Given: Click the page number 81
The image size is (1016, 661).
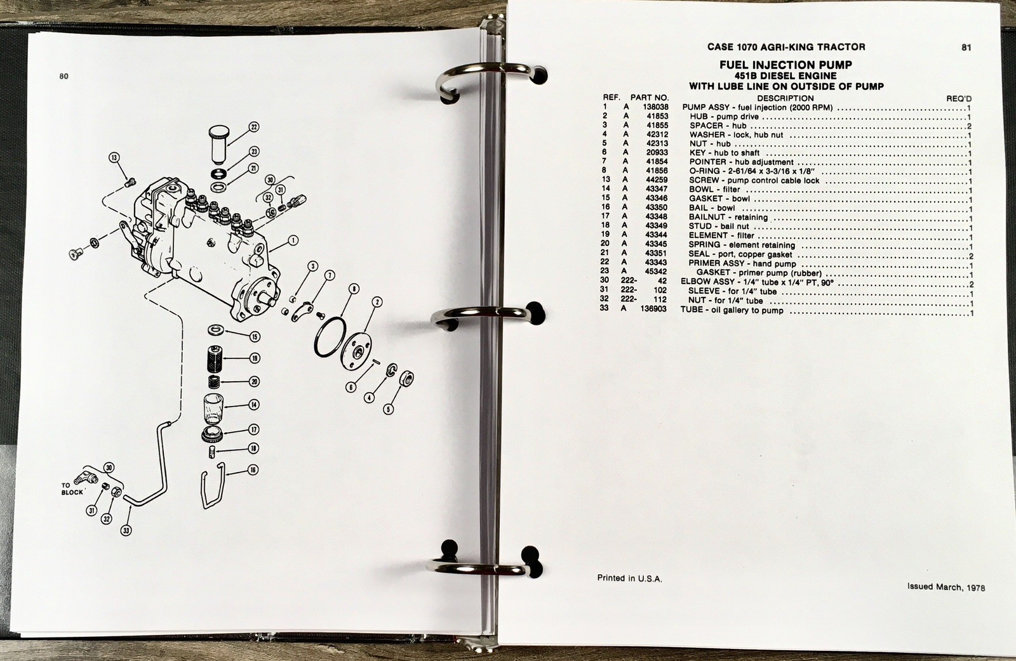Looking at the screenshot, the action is pyautogui.click(x=966, y=47).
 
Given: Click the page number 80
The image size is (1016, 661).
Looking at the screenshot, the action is pyautogui.click(x=64, y=76).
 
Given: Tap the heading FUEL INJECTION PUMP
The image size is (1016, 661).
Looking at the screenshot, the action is pyautogui.click(x=785, y=65).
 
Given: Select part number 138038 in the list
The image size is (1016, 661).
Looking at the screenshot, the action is pyautogui.click(x=655, y=107).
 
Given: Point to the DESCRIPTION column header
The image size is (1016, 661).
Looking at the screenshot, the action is pyautogui.click(x=785, y=98).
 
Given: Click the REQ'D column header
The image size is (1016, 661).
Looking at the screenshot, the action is pyautogui.click(x=959, y=99).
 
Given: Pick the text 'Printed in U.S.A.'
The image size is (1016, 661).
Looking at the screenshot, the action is pyautogui.click(x=629, y=579).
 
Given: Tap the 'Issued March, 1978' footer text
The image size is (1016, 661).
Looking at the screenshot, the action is pyautogui.click(x=946, y=587).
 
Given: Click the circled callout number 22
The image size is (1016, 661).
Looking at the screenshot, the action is pyautogui.click(x=254, y=128).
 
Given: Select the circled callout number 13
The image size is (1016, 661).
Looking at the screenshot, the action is pyautogui.click(x=114, y=158).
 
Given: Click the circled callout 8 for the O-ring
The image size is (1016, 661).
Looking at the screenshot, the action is pyautogui.click(x=354, y=289).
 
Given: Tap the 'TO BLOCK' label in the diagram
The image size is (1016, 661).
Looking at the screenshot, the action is pyautogui.click(x=72, y=489).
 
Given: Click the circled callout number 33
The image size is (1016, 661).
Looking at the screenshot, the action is pyautogui.click(x=126, y=530).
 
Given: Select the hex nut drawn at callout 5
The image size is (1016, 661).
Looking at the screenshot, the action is pyautogui.click(x=406, y=378).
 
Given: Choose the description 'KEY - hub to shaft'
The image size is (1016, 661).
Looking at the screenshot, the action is pyautogui.click(x=725, y=153).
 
